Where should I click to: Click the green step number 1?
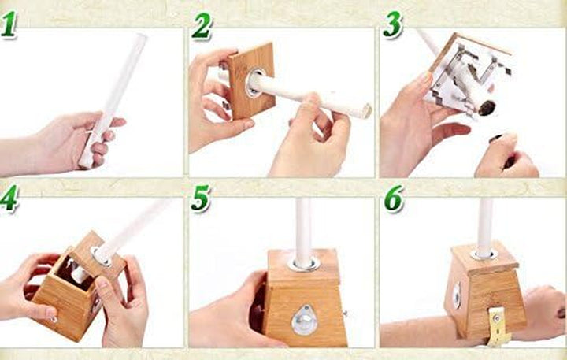tap(9, 25)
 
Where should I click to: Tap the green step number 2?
tap(202, 26)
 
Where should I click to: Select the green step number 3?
tap(392, 25)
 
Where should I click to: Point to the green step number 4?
tap(9, 199)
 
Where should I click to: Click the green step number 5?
tap(202, 199)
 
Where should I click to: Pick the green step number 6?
tap(393, 199)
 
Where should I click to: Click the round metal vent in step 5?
tap(302, 317)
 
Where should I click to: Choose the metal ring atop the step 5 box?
tap(303, 263)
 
